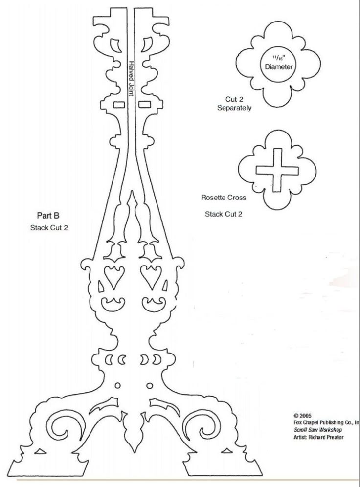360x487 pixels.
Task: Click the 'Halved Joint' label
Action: coord(132,78)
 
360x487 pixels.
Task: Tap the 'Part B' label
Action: coord(48,215)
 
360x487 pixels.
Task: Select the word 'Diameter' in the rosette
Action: coord(279,66)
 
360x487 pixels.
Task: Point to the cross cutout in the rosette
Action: coord(277,170)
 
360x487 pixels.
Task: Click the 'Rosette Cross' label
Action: coord(224,197)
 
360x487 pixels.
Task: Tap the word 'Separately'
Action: coord(234,108)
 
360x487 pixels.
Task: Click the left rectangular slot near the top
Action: coord(119,104)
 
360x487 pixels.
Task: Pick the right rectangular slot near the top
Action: coord(145,104)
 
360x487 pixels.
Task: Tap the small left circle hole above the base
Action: coord(118,386)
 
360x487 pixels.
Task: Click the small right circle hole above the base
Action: coord(150,386)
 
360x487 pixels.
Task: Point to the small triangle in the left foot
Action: coord(40,452)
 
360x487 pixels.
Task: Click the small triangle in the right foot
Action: coord(226,452)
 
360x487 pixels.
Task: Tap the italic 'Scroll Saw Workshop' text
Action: coord(318,430)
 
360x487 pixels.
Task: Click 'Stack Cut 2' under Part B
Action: coord(49,228)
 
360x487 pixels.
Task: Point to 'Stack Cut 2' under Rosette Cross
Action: coord(224,214)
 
